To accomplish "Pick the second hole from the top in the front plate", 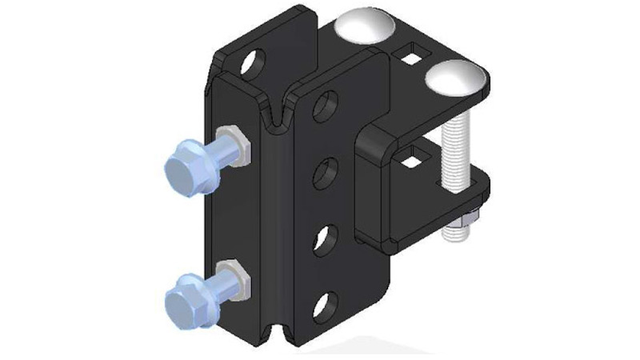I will coord(326,171).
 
